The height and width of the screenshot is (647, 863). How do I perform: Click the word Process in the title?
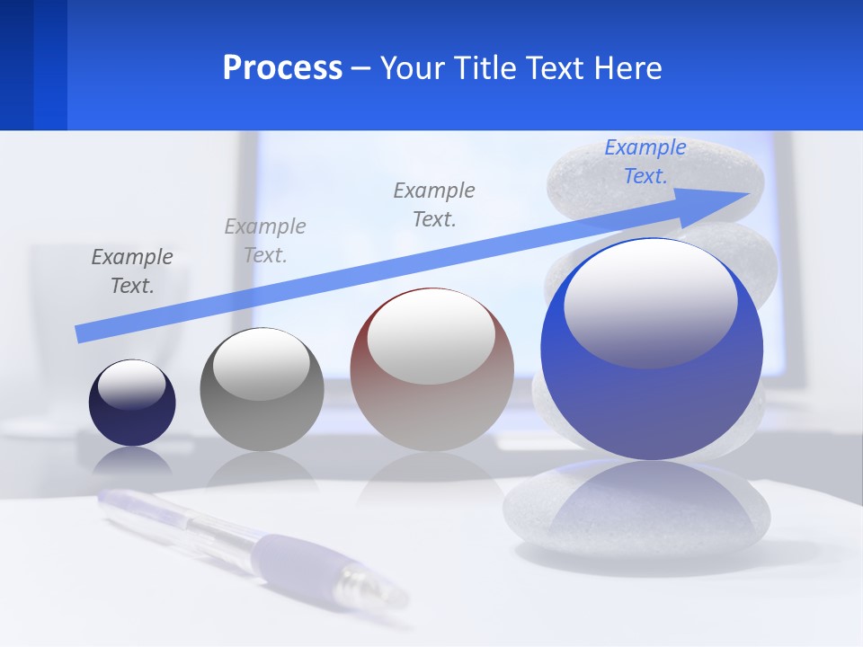tap(282, 68)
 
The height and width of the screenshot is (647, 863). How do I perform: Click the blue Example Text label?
tap(645, 162)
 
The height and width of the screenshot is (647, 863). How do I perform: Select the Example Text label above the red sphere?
tap(434, 204)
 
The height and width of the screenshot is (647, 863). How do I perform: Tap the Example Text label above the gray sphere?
tap(265, 240)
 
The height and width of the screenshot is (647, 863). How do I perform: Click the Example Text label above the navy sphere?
tap(132, 270)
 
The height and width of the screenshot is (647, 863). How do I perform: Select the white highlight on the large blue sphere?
tap(651, 301)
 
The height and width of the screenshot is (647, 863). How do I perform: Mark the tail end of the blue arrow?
tap(81, 334)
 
